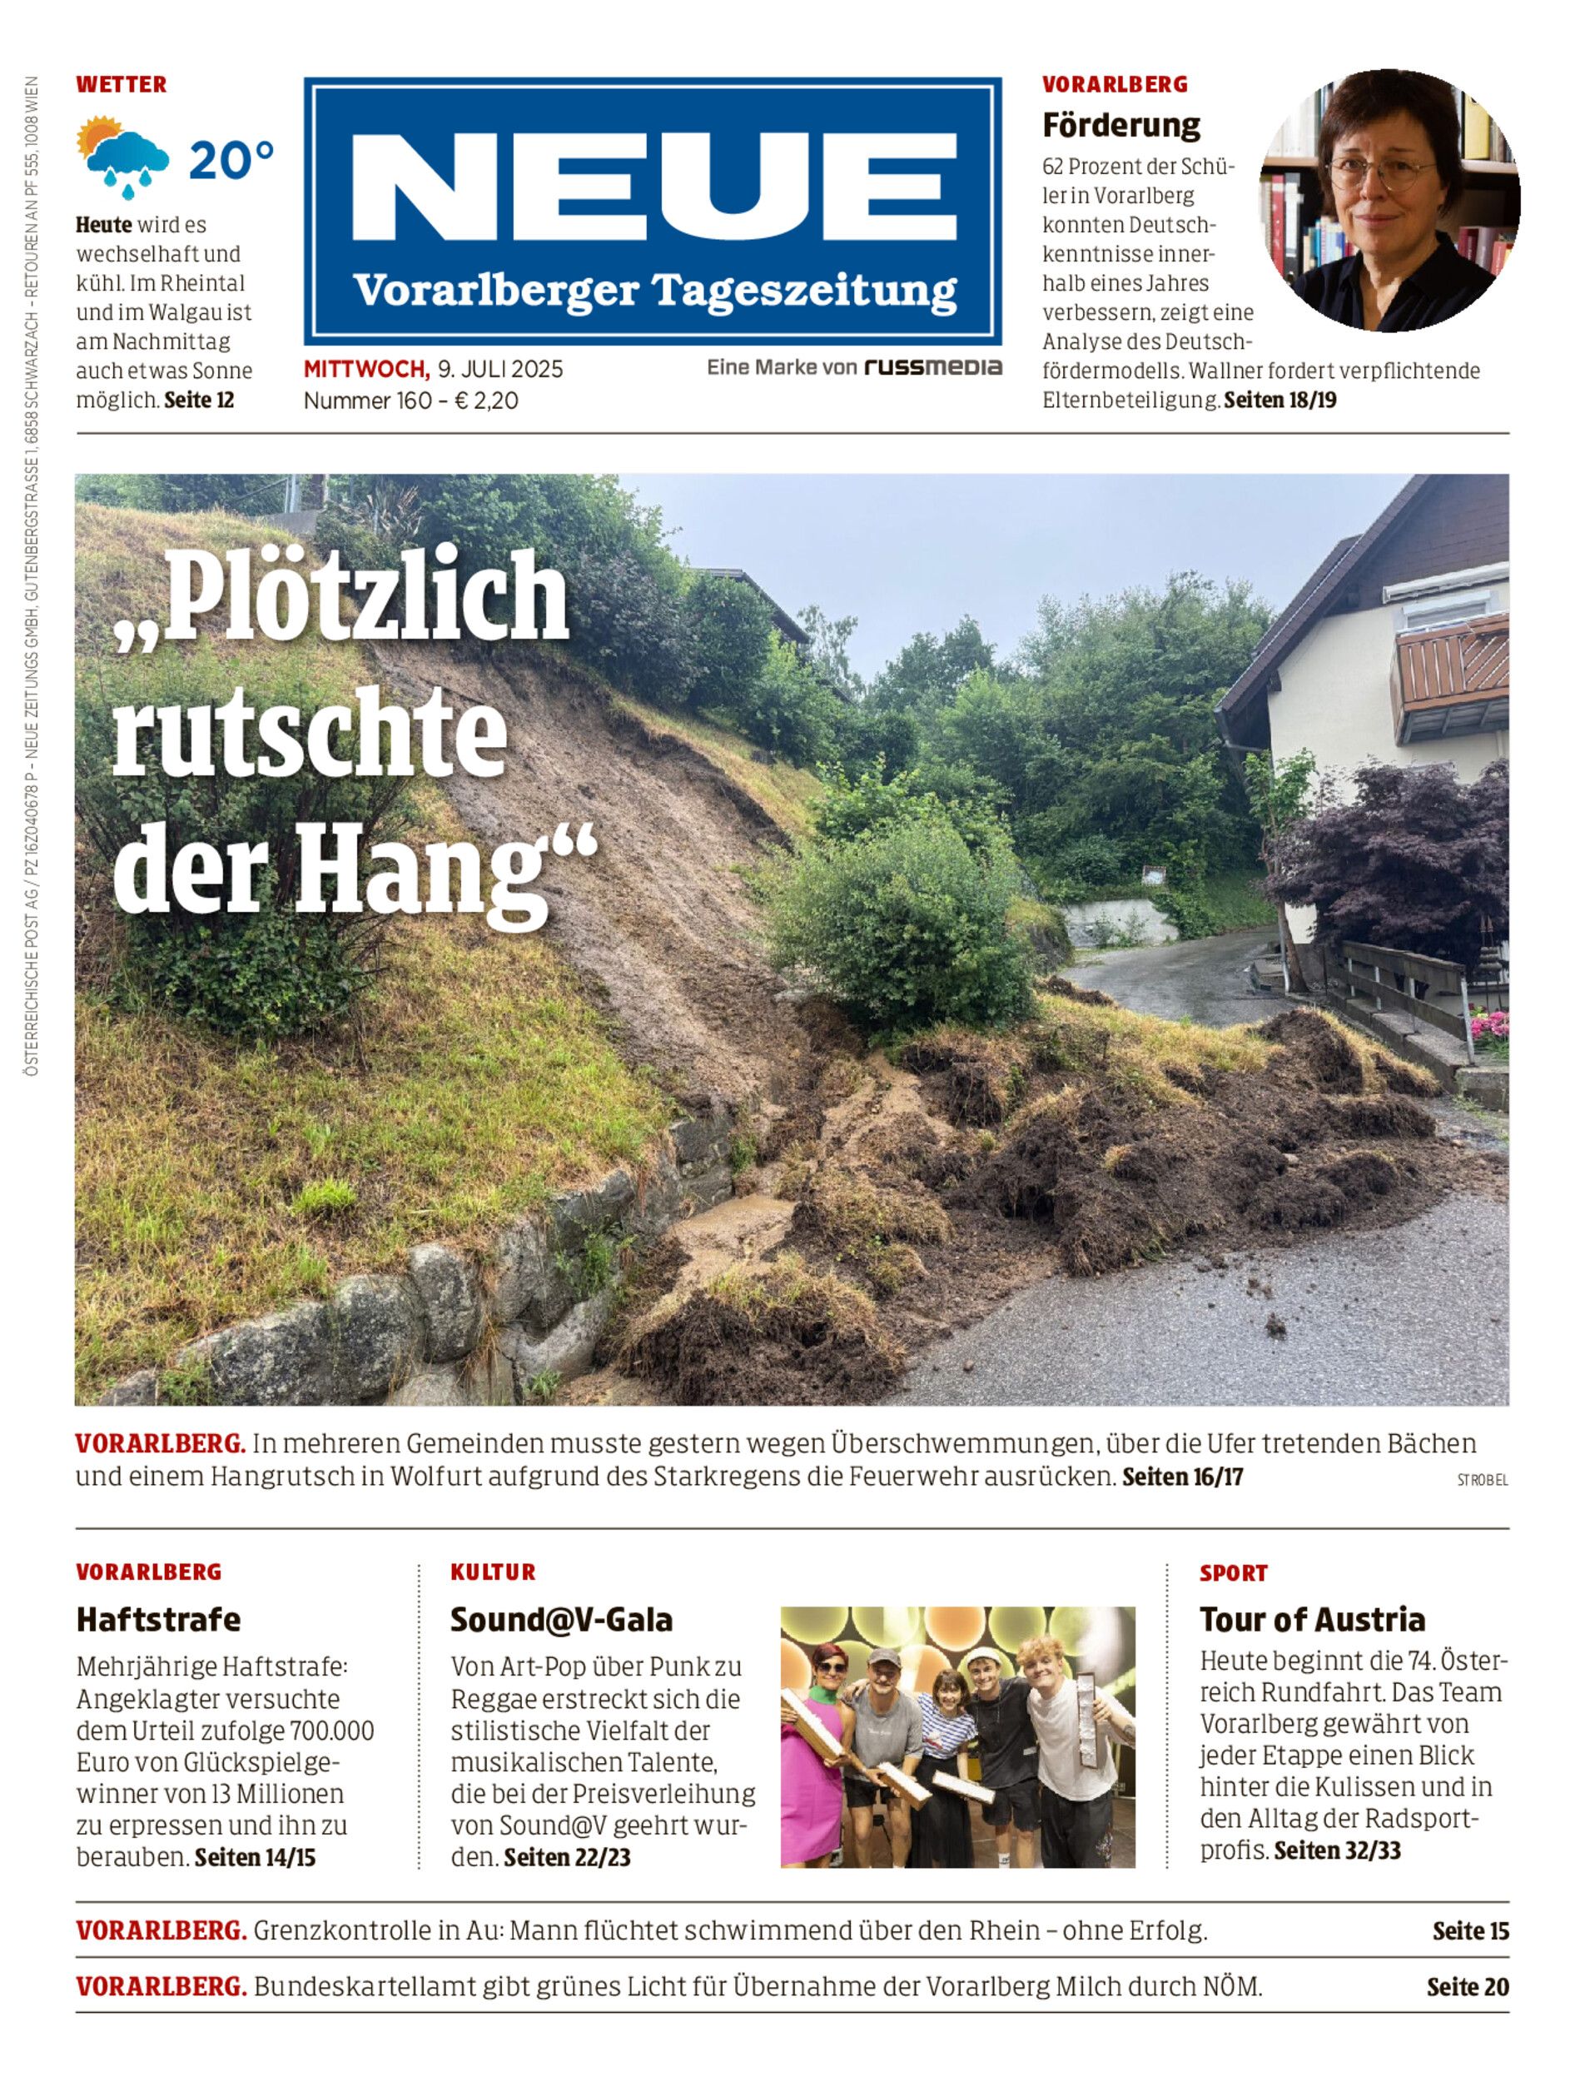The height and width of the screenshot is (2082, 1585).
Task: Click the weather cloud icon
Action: [125, 157]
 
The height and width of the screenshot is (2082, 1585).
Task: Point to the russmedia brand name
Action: [933, 367]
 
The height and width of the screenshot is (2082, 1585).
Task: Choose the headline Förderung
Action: [1120, 125]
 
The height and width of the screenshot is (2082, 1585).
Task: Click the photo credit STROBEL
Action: [1482, 1481]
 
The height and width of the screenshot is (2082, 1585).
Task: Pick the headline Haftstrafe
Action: [158, 1620]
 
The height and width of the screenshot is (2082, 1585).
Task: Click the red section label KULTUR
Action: [493, 1572]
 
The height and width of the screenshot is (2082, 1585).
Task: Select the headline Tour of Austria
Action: [1312, 1620]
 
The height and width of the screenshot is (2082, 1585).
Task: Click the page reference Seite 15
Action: [1470, 1931]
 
